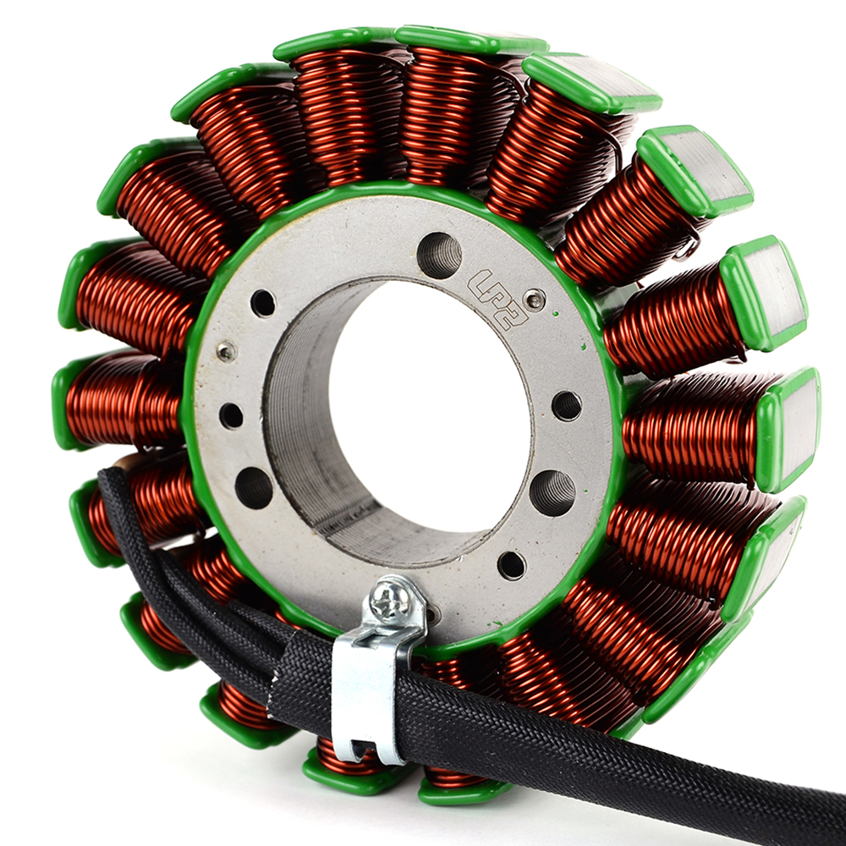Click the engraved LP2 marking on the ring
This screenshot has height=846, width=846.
click(x=497, y=299)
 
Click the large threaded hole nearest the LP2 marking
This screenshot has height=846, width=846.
click(x=439, y=255)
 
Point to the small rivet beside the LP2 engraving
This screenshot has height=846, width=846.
click(x=535, y=299)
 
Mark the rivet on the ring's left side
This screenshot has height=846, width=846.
click(x=227, y=352)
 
